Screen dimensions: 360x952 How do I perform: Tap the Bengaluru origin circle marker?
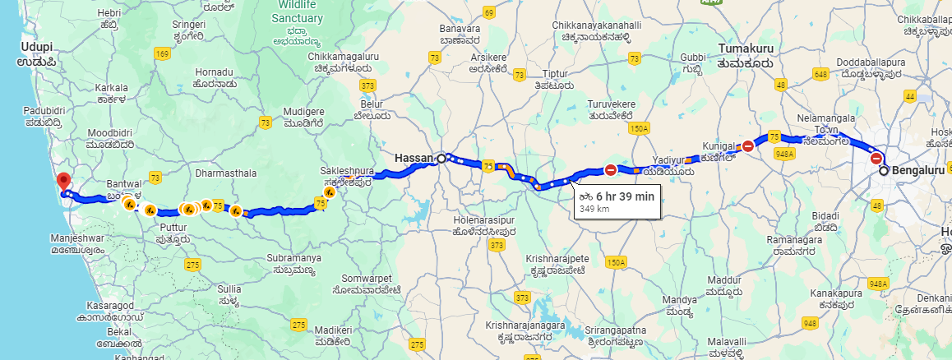point(884,171)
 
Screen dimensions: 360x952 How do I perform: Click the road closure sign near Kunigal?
point(748,147)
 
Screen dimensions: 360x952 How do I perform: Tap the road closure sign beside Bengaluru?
point(876,159)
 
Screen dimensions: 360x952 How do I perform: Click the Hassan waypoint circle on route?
point(441,158)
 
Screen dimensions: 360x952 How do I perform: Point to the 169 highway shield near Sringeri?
point(161,53)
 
